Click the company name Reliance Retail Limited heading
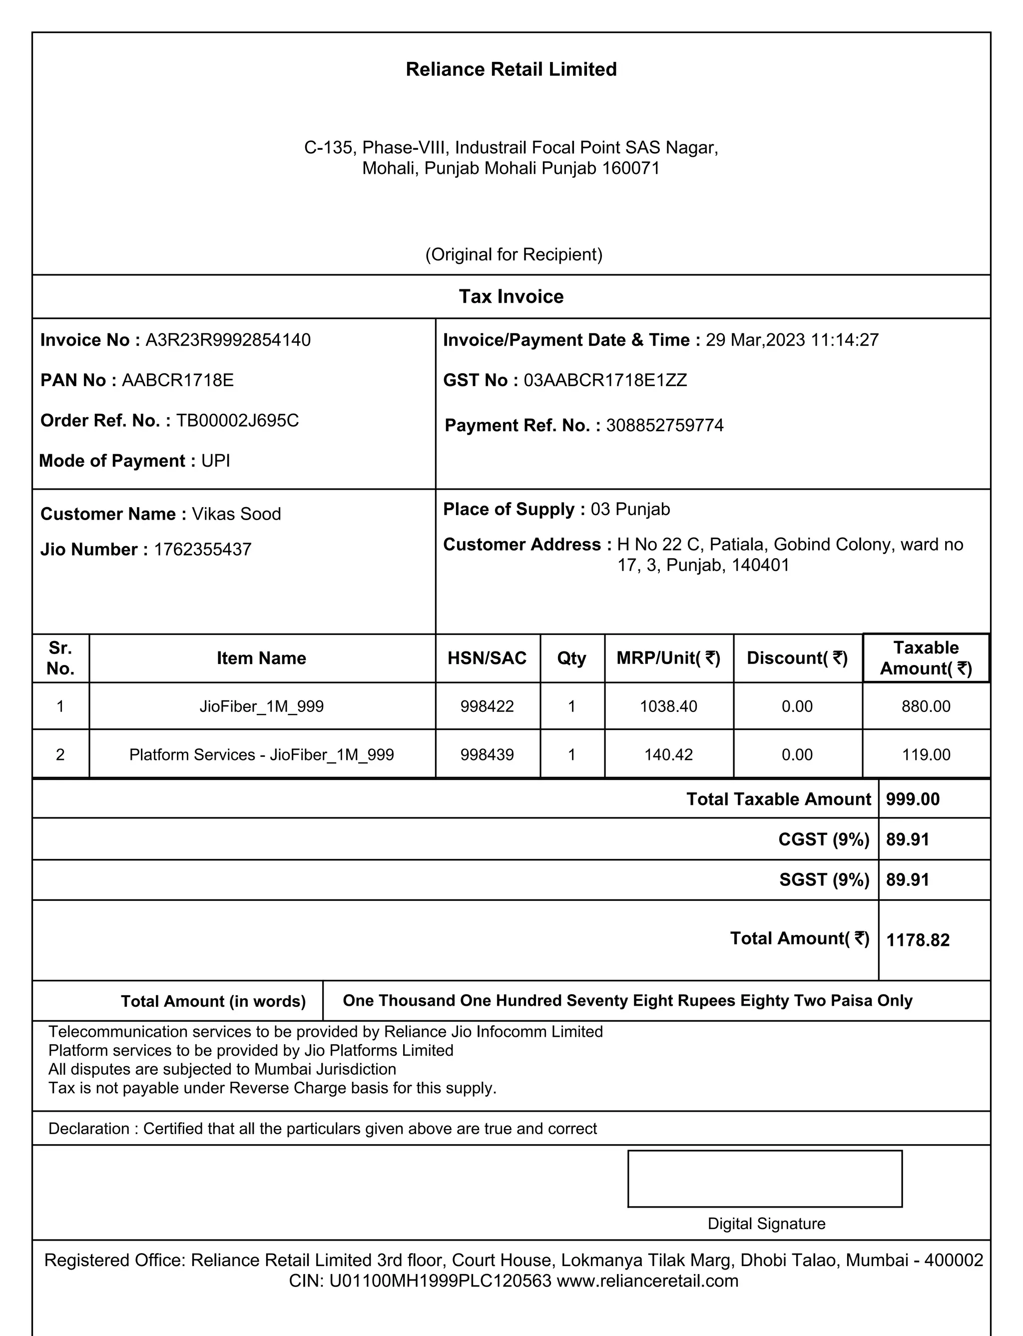511,69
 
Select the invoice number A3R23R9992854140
228,340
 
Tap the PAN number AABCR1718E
178,381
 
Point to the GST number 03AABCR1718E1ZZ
605,381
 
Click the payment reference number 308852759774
664,425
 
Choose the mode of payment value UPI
216,461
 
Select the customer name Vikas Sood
236,514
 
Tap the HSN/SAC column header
487,658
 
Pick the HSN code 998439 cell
487,754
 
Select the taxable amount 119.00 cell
926,754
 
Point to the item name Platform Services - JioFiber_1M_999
261,754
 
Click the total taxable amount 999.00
912,799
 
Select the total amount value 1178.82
918,940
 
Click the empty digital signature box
764,1178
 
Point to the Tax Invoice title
511,297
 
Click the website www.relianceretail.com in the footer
647,1281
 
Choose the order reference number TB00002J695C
237,421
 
